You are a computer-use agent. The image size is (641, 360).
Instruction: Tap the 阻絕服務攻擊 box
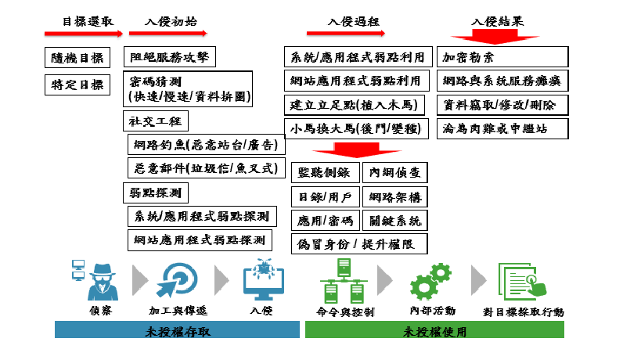point(170,57)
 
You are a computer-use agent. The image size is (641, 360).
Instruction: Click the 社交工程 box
point(157,121)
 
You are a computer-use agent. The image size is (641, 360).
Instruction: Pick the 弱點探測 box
point(157,191)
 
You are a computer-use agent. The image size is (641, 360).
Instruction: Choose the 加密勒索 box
point(502,57)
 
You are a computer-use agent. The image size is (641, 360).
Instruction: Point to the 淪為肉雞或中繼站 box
point(502,128)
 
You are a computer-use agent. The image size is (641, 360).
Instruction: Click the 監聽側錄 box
point(326,173)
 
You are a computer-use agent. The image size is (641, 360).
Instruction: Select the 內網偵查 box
point(394,173)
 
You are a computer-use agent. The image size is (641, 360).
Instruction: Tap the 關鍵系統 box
point(394,220)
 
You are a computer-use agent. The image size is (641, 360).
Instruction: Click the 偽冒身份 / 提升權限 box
point(359,243)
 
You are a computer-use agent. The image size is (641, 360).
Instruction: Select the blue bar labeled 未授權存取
point(178,330)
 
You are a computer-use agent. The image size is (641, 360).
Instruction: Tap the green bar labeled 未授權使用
point(434,330)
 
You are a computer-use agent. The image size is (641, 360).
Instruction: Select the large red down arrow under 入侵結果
point(495,36)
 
